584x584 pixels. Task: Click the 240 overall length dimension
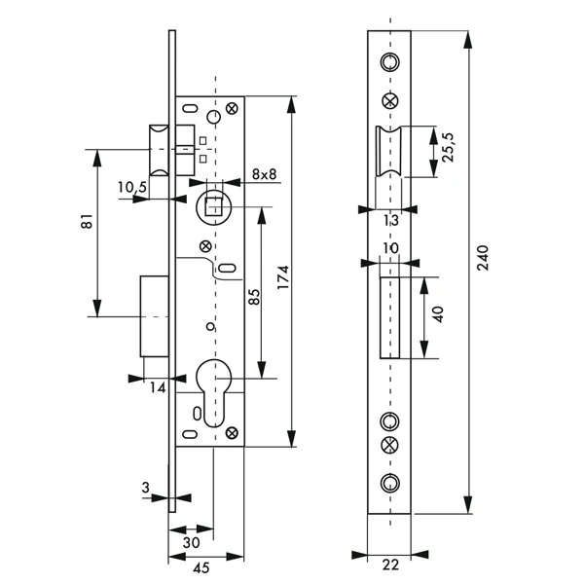click(x=482, y=258)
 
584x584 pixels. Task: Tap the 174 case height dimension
click(x=284, y=277)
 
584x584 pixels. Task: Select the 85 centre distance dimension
click(x=254, y=297)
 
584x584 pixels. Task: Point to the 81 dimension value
click(x=87, y=221)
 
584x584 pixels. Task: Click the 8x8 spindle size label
click(x=264, y=174)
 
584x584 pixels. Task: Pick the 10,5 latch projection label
click(x=132, y=187)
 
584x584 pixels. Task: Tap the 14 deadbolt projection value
click(x=158, y=388)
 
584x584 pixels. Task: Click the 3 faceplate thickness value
click(x=146, y=488)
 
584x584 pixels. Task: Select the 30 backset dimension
click(x=192, y=543)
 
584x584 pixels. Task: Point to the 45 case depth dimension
click(x=201, y=568)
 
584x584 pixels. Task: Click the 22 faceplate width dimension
click(x=390, y=565)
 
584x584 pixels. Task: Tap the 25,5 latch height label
click(x=448, y=147)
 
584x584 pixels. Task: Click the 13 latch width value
click(x=390, y=220)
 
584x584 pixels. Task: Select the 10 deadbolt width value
click(x=390, y=248)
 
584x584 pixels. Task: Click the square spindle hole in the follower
click(x=214, y=206)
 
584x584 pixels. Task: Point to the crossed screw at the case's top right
click(x=233, y=108)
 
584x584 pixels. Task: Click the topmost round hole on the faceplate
click(x=390, y=62)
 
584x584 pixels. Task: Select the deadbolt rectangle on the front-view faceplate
click(x=389, y=317)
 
